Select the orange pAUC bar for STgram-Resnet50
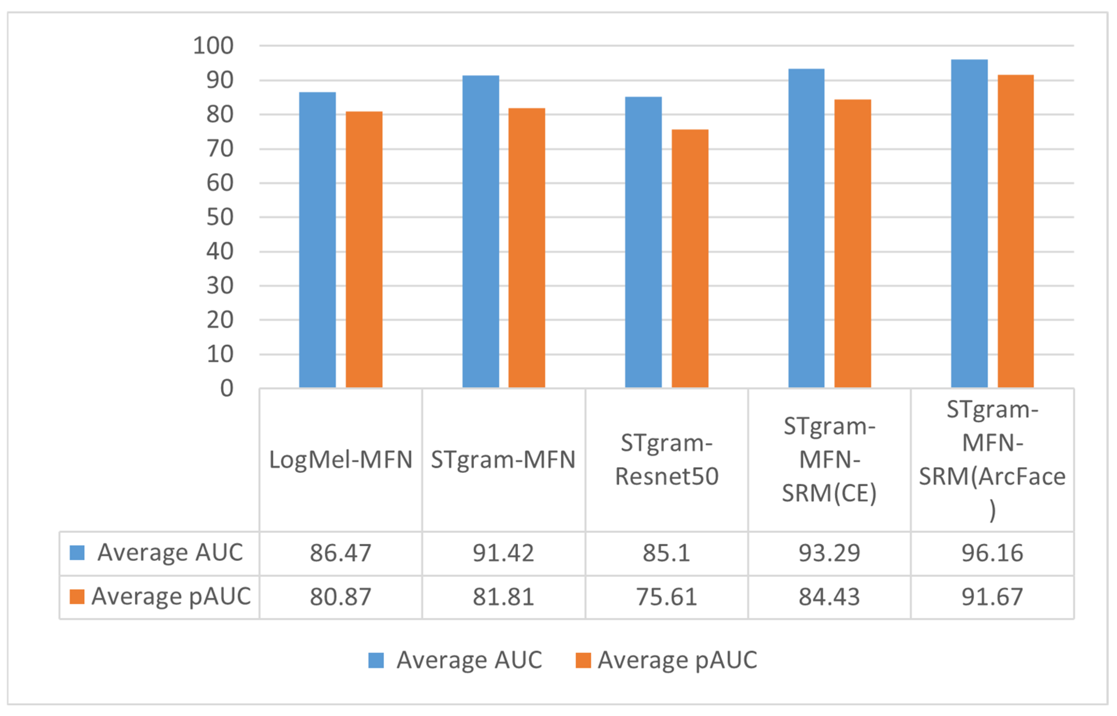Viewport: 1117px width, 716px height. pos(690,258)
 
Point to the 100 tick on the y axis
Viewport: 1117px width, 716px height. pos(213,46)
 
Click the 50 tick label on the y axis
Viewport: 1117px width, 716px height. pos(220,217)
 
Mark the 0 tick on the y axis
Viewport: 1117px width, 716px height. pos(227,388)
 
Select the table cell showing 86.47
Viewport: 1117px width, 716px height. pos(340,553)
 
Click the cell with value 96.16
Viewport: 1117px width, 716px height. pos(992,553)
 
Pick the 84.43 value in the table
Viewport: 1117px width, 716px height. pos(829,597)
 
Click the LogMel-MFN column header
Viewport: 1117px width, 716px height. pos(340,460)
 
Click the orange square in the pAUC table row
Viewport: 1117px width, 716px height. pos(77,597)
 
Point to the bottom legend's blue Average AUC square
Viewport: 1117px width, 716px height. pos(376,660)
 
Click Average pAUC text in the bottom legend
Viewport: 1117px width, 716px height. pos(677,660)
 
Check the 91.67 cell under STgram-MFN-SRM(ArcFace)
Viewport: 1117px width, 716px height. pos(992,597)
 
